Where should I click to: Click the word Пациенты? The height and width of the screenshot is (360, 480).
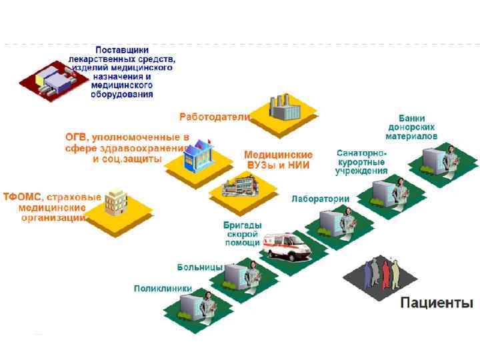(436, 303)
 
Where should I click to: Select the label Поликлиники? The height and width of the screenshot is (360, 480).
(163, 289)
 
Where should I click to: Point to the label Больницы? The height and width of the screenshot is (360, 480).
(199, 267)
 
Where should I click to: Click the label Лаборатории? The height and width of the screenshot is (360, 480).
(320, 198)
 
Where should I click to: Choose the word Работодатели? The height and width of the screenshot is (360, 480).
(215, 117)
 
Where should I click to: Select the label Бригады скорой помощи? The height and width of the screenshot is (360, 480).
(242, 234)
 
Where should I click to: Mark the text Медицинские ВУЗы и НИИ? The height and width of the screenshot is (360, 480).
(278, 160)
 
